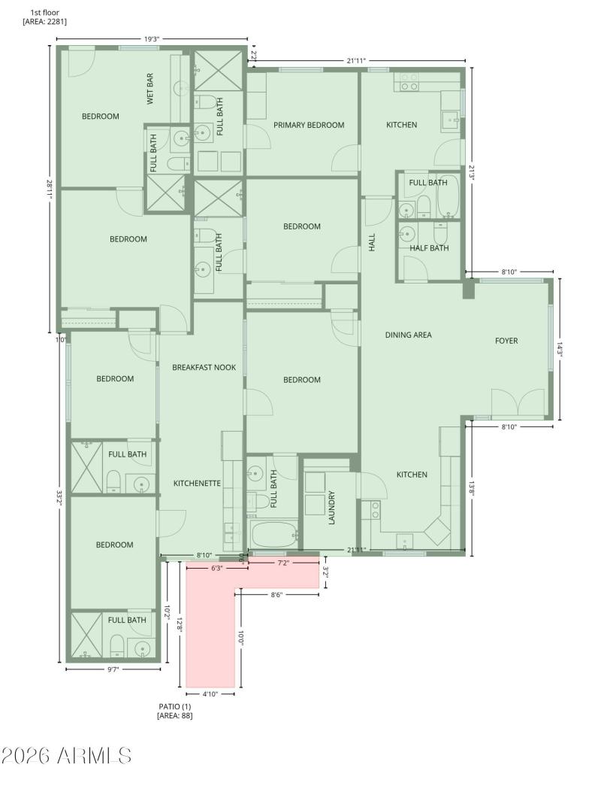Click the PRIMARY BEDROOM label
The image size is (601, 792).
tap(309, 125)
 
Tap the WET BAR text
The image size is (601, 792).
tap(150, 88)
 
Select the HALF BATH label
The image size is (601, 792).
tap(429, 248)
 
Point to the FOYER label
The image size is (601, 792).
tap(506, 341)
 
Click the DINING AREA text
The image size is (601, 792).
tap(408, 335)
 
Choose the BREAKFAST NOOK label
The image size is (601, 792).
tap(204, 367)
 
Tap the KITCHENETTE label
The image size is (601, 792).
tap(197, 483)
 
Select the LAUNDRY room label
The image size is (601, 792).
tap(331, 508)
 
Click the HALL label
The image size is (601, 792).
tap(372, 241)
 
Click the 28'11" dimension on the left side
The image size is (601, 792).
tap(50, 189)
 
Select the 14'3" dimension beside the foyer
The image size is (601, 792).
tap(559, 348)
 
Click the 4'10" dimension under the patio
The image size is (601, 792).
tap(210, 694)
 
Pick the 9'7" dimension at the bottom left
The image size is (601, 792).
tap(113, 669)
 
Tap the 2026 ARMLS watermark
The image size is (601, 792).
tap(66, 755)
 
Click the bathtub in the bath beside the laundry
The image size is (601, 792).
tap(273, 535)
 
